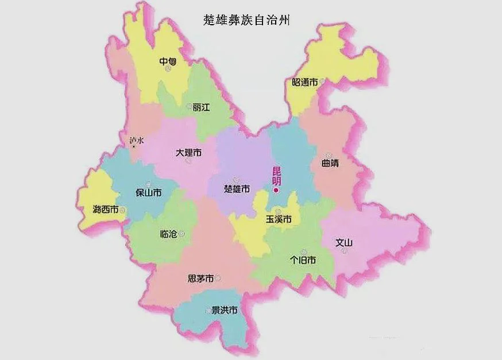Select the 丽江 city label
202,107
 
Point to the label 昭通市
301,83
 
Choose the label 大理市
188,153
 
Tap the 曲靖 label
330,163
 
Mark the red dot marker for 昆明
276,189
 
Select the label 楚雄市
237,189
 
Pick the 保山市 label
148,192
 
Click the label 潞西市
105,210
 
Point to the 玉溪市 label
279,219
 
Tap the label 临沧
169,234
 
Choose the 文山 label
343,243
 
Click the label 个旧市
303,260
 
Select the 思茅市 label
200,278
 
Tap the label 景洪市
224,311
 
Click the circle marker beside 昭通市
323,82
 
